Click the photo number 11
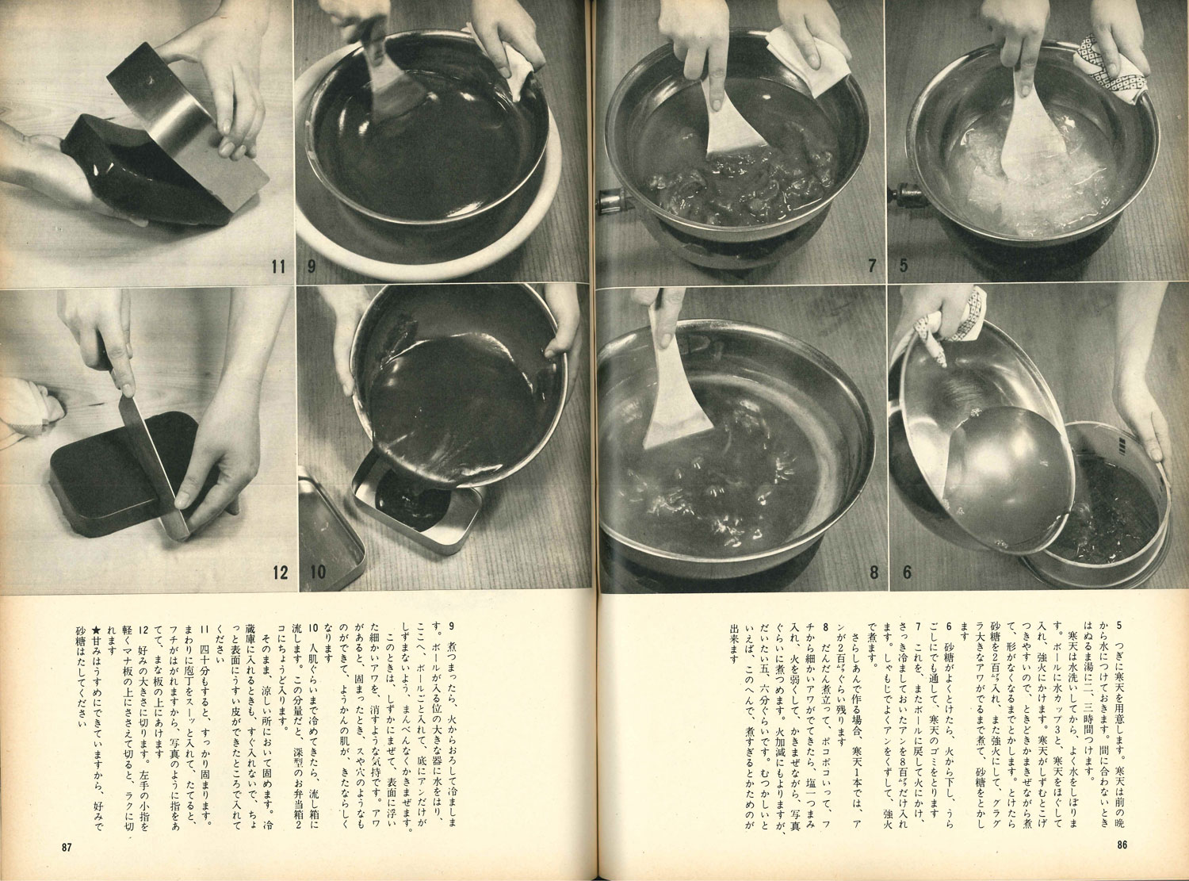(278, 266)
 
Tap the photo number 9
(312, 266)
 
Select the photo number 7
(873, 265)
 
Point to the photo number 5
(904, 265)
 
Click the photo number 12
(280, 573)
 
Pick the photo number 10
(318, 572)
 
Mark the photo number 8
(874, 573)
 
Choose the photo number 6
(907, 573)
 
